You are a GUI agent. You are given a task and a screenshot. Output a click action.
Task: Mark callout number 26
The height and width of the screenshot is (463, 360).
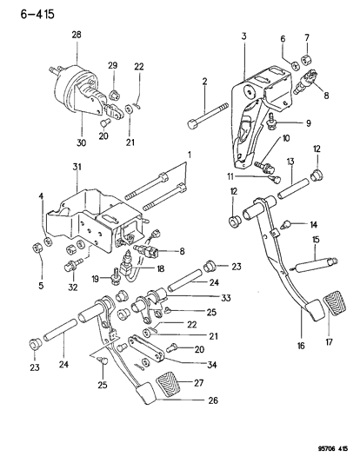tap(212, 400)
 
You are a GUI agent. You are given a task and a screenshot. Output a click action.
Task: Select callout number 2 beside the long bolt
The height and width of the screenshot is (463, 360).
tap(204, 82)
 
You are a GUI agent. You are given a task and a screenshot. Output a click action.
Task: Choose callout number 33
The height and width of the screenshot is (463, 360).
tap(212, 297)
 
